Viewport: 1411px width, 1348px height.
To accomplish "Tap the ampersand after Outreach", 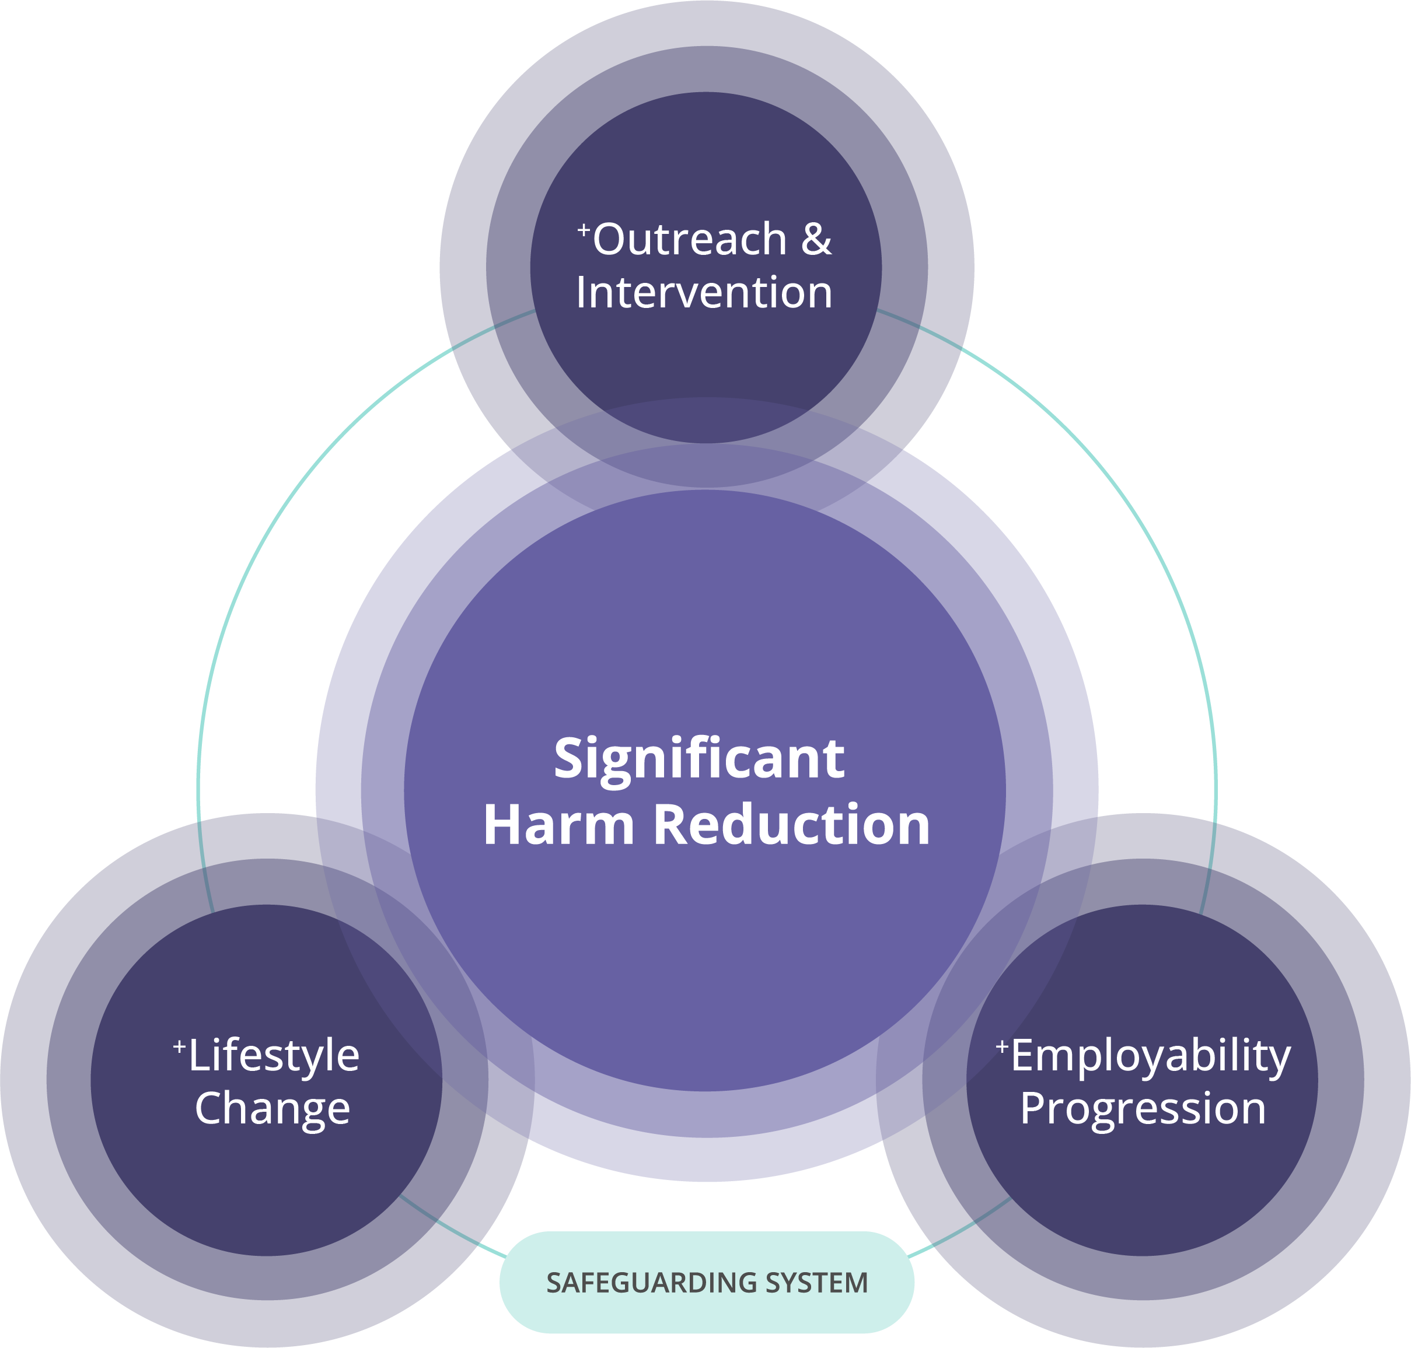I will [816, 239].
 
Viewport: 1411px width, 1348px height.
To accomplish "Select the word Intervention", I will [704, 293].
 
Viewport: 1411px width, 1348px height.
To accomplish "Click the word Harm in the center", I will [558, 825].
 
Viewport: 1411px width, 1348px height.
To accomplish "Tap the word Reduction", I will [791, 825].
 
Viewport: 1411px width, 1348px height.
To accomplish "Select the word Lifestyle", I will [274, 1057].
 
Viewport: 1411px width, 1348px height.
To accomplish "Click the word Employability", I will [1151, 1057].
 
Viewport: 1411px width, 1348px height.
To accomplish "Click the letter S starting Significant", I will [567, 759].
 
